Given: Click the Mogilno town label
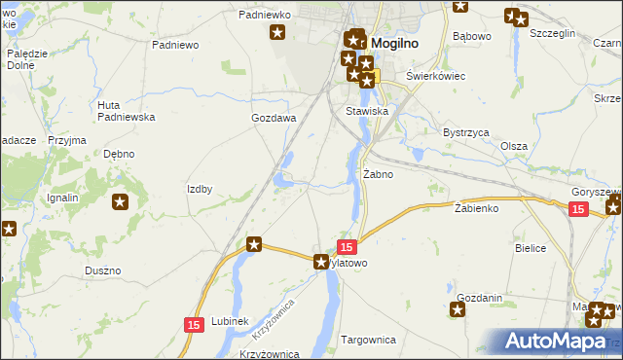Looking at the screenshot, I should tap(398, 43).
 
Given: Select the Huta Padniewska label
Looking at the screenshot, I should tap(127, 110).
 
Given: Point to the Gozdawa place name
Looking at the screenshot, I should tap(274, 118).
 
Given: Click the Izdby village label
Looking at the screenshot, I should tap(200, 189).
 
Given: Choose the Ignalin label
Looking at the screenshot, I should tap(62, 198).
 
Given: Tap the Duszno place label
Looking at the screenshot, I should tap(102, 270).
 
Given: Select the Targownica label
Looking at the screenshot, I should tap(369, 341).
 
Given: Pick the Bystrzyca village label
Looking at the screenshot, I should tap(465, 131).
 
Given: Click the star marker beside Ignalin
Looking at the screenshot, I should tap(120, 202).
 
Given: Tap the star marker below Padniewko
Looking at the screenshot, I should tap(277, 33).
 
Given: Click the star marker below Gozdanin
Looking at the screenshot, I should tap(458, 310).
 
